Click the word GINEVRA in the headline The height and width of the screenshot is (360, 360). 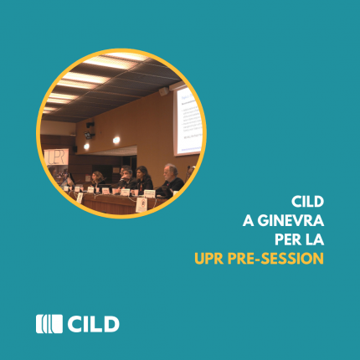coord(291,221)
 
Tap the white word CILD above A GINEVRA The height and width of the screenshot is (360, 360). coord(307,202)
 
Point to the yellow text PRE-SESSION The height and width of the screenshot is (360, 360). coord(275,259)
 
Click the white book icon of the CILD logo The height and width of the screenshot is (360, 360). coord(49,324)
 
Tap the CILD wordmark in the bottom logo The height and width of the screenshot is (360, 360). coord(94,324)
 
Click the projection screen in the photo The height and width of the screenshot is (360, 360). coord(188,120)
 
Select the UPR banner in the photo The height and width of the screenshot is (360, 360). coord(56,157)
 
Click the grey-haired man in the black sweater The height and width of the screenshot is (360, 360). coord(171,180)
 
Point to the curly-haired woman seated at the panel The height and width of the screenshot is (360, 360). coord(97,180)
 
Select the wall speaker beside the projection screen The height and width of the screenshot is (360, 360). coord(164,91)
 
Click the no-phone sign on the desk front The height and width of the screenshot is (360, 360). coord(141,205)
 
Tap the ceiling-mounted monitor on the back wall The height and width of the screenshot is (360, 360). coord(89,136)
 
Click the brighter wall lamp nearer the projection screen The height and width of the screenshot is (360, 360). coord(116,140)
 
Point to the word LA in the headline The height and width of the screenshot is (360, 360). coord(316,239)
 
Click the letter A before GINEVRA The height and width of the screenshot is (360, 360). coord(248,221)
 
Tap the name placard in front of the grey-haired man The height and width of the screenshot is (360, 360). coord(150,193)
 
